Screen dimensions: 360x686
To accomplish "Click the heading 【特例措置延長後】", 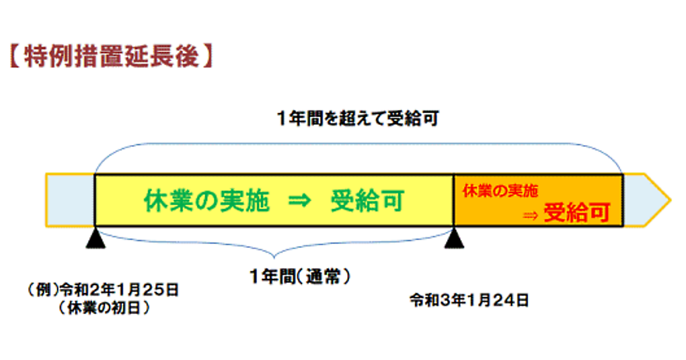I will coord(111,57).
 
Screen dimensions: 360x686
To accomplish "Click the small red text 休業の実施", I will coord(500,191).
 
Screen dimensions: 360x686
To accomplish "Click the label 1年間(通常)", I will coord(300,278).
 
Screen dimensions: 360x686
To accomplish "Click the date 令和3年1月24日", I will coord(469,299).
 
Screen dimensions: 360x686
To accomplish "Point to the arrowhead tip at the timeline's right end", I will coord(669,201).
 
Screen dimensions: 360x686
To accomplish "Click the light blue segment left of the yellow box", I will coord(70,201).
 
